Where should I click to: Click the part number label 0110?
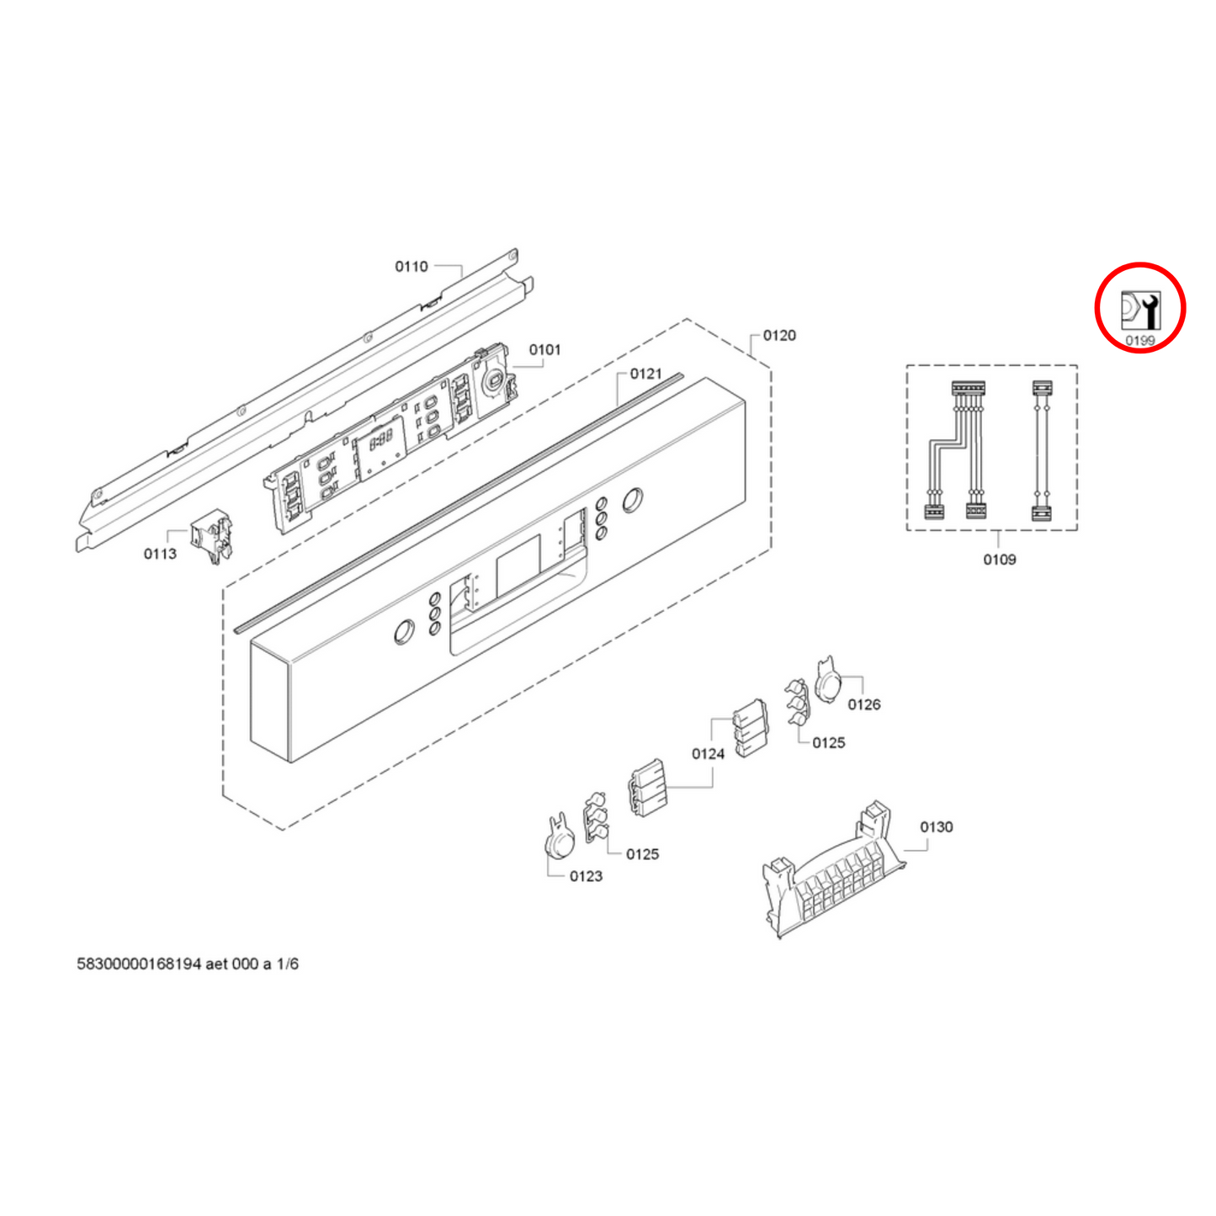[412, 267]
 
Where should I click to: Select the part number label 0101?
[544, 350]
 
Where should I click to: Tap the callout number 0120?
[779, 336]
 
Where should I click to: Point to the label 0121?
[645, 374]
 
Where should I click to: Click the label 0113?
[160, 554]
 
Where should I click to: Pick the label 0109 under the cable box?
[1000, 560]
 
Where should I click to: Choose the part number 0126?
[864, 704]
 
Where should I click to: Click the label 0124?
[708, 754]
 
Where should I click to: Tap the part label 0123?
[586, 876]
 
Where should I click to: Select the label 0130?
[936, 827]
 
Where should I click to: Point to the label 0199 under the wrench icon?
[1140, 341]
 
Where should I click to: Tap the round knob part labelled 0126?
[828, 680]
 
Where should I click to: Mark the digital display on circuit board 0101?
[381, 441]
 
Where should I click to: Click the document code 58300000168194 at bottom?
[139, 964]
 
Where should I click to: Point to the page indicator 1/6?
[287, 964]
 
